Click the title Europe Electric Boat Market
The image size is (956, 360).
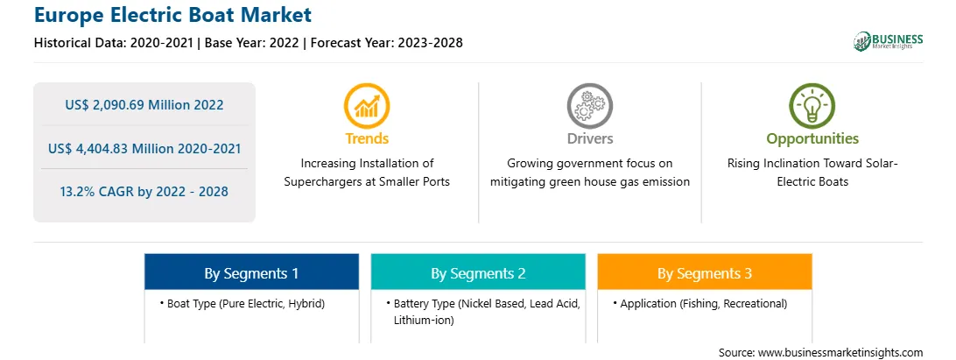[172, 15]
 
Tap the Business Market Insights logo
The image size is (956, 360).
[888, 41]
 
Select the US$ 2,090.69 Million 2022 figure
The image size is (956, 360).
[144, 104]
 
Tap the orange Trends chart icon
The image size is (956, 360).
[367, 106]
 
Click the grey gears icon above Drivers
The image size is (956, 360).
[589, 106]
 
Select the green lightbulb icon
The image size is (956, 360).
[812, 106]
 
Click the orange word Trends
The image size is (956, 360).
[367, 138]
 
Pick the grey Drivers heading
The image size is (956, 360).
[589, 138]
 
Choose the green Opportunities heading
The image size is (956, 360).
[812, 139]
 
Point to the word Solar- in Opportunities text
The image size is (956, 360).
[882, 164]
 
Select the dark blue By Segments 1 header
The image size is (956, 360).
[252, 272]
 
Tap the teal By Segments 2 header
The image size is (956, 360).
[478, 272]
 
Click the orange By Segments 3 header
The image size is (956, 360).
[705, 272]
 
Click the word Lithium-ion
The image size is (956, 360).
[424, 320]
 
